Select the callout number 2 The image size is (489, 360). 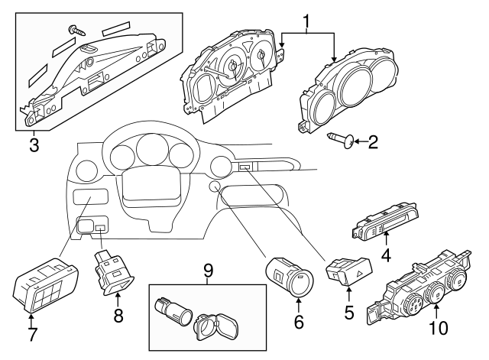pos(373,141)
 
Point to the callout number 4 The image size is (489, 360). pos(387,255)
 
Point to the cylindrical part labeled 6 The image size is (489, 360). pos(288,277)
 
